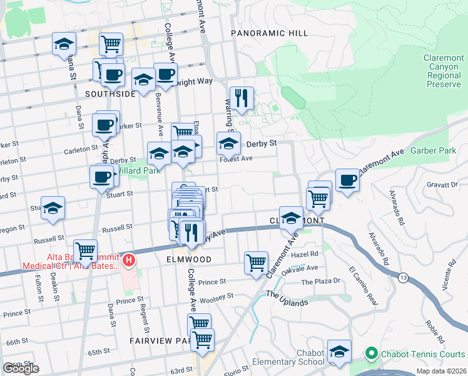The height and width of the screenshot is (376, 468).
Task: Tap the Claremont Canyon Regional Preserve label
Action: coord(442,71)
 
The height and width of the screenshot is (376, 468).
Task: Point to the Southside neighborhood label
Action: coord(110,94)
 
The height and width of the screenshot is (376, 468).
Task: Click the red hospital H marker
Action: coord(128,259)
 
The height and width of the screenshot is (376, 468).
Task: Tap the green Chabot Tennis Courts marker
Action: coord(370,354)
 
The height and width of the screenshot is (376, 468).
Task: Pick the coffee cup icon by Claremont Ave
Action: coord(347,180)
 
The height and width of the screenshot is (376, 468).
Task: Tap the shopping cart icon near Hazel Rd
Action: coord(257,263)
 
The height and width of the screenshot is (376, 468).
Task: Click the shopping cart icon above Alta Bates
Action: coord(85,251)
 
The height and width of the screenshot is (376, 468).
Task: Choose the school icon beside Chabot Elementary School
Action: coord(340,352)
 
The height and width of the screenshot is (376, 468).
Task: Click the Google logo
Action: coord(21,368)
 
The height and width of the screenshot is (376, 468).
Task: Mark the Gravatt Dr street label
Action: coord(445,185)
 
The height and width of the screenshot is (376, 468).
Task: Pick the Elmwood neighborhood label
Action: coord(189,259)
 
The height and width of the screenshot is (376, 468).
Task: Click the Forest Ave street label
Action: coord(236,159)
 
